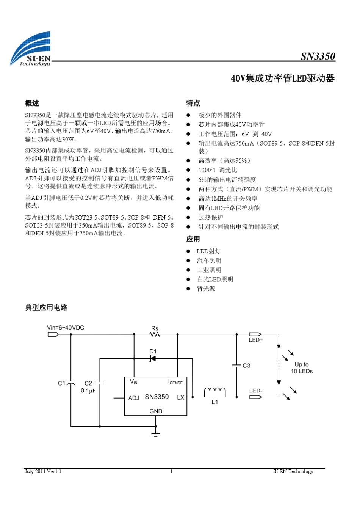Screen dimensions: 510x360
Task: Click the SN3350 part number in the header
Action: [x=318, y=56]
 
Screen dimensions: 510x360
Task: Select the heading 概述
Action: [x=32, y=103]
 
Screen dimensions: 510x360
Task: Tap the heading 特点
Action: [x=193, y=103]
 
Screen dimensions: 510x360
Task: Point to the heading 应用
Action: [x=193, y=239]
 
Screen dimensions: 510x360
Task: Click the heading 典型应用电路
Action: [x=46, y=308]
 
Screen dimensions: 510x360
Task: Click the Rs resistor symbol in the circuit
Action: [x=155, y=334]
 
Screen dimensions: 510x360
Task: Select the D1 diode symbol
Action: [x=152, y=358]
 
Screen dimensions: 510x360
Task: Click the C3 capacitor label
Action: [x=246, y=366]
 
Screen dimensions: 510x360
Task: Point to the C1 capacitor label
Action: [x=61, y=383]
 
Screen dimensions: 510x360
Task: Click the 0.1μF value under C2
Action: [x=88, y=391]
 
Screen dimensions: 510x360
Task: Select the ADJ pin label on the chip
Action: [x=134, y=398]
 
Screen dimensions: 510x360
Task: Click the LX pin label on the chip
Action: [x=180, y=397]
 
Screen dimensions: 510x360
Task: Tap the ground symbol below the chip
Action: [x=155, y=433]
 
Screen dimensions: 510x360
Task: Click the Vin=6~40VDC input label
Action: [x=66, y=328]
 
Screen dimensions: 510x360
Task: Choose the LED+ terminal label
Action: [x=255, y=340]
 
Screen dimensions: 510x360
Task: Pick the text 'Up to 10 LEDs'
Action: [x=302, y=368]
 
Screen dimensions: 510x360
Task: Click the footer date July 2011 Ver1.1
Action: [x=43, y=471]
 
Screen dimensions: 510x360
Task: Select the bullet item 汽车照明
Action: [x=209, y=260]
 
